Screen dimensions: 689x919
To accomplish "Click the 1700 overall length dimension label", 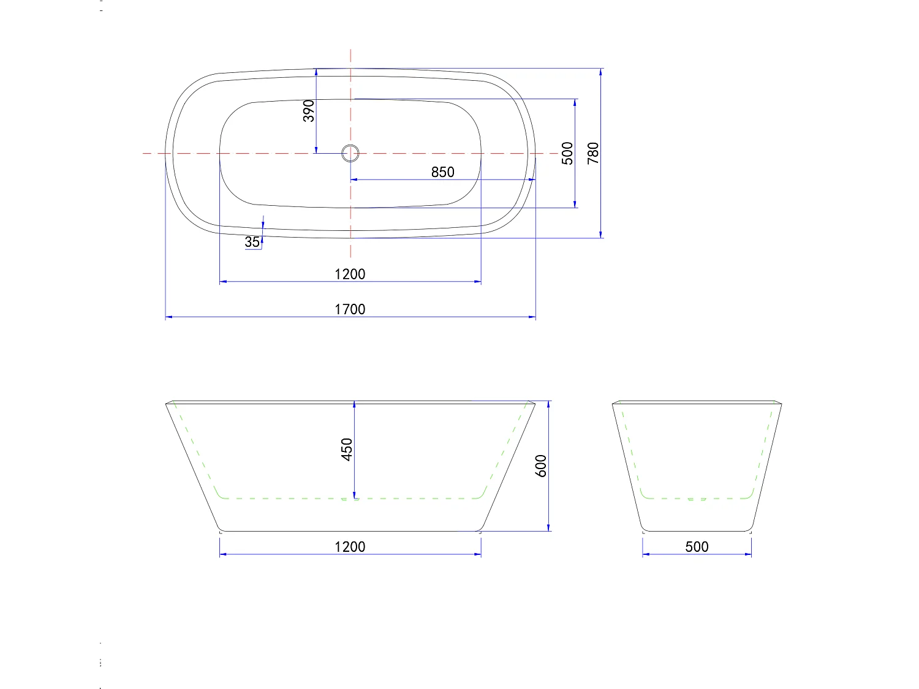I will (x=350, y=309).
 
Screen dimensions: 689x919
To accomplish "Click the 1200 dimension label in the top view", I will (x=350, y=274).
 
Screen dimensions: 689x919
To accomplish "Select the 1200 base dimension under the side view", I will (x=350, y=546).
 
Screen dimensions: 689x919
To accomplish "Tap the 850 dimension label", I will (x=442, y=172).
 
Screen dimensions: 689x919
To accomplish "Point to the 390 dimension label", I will (x=309, y=111).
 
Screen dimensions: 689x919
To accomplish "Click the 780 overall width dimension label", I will (x=593, y=153).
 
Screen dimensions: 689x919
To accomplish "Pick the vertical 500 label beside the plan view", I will (x=567, y=153).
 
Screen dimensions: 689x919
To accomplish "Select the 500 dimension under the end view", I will (x=697, y=546).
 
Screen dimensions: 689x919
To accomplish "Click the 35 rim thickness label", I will (x=252, y=242).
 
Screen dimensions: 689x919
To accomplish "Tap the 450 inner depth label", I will (x=347, y=450).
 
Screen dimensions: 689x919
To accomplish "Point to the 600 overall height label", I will (x=541, y=466).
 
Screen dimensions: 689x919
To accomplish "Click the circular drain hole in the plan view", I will (x=350, y=152).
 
